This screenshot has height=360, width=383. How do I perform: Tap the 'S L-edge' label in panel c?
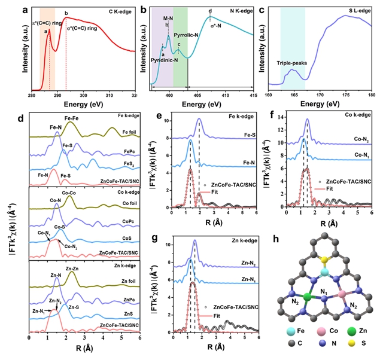point(357,10)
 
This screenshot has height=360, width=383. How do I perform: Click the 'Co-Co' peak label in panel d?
point(68,193)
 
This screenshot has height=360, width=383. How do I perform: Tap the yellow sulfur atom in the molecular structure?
point(323,260)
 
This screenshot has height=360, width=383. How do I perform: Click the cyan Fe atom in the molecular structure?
point(323,272)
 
